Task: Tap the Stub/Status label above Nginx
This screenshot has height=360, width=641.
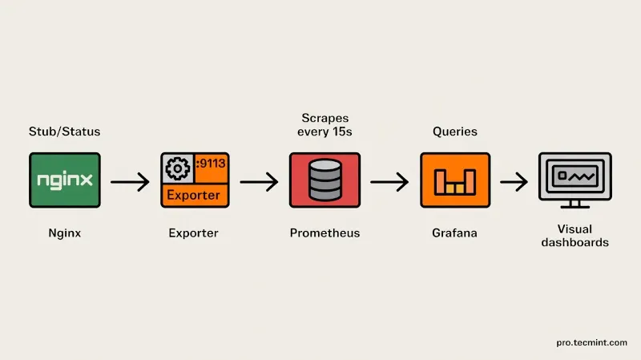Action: [65, 131]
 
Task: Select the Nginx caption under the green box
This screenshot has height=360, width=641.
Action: [65, 233]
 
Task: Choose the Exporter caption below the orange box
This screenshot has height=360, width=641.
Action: [193, 233]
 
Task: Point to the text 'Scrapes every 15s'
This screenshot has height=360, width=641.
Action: [325, 124]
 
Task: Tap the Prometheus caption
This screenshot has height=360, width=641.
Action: [325, 233]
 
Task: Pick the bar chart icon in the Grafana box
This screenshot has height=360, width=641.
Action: [454, 182]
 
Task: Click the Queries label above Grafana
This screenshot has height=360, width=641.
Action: [454, 131]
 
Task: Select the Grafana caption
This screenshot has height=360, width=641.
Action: [454, 233]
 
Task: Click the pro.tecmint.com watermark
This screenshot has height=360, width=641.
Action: [591, 342]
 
